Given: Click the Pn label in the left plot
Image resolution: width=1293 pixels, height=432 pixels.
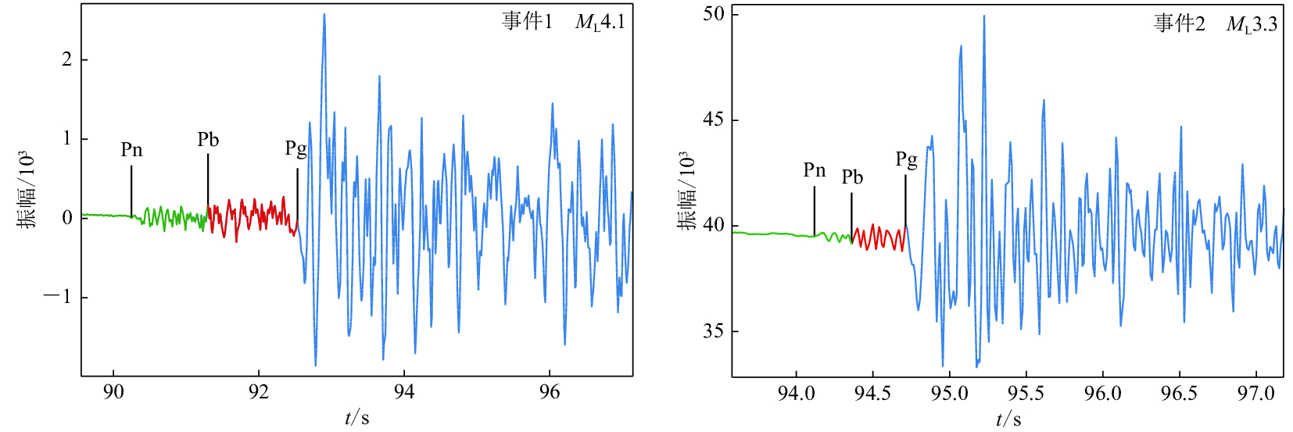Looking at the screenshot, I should tap(131, 149).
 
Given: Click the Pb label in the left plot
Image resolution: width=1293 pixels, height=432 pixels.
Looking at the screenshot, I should tap(208, 140).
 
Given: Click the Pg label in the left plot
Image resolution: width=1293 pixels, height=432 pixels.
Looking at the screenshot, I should tap(295, 148).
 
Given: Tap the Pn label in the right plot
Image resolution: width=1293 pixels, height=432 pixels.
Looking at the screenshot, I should tap(814, 170).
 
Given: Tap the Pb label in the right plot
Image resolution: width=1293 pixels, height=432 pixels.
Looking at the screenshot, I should tap(852, 177).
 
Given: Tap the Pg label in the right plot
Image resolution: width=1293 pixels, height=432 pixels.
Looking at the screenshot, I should tap(906, 159).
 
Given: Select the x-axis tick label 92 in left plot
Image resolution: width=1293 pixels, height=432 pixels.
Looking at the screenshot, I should tap(259, 392).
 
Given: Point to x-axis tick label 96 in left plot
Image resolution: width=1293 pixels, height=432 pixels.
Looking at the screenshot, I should tap(550, 392).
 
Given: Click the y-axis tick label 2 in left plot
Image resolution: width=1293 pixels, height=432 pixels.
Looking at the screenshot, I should tap(67, 59).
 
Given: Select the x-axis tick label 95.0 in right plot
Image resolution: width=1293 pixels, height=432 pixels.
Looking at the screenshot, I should tap(949, 393).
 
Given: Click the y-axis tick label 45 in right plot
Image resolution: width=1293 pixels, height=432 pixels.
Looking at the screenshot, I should tap(713, 120).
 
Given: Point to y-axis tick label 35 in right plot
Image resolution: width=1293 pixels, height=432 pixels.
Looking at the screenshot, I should tap(713, 331).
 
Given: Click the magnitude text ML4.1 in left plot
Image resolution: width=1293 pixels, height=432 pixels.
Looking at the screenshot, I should tap(600, 22).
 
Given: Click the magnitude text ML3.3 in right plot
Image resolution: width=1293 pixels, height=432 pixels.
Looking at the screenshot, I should tap(1251, 24).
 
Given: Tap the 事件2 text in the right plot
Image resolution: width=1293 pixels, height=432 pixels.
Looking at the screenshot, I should tap(1179, 24).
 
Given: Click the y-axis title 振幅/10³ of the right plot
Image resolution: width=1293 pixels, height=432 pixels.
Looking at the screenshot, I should tap(687, 191).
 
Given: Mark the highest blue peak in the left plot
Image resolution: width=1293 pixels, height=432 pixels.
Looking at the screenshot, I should tap(324, 15).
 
